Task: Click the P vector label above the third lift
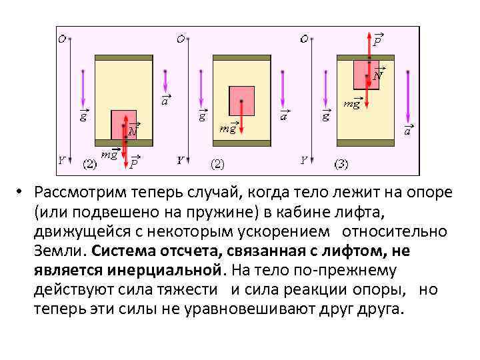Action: pos(377,39)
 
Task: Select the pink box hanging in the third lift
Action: pos(365,74)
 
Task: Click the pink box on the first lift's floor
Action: pos(123,125)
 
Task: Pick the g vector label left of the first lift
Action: pos(83,115)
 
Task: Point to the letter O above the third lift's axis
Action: pos(304,39)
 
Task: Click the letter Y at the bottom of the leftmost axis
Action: pos(61,161)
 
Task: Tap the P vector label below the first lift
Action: pos(134,161)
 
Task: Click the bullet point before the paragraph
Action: pos(21,193)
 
